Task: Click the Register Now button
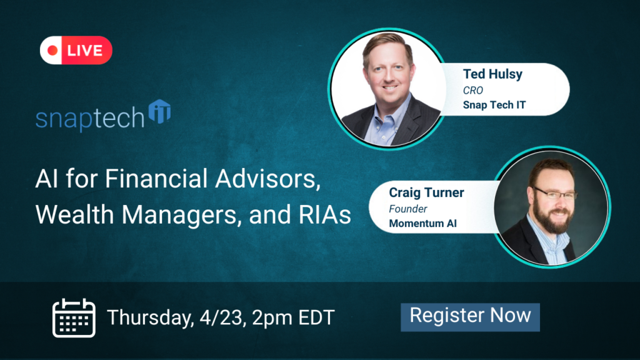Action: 470,316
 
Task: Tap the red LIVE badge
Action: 76,51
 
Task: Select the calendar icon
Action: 73,317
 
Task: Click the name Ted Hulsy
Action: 492,74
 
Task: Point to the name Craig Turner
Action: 426,192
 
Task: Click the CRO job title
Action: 473,90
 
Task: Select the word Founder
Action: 407,208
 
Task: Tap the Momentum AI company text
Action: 422,222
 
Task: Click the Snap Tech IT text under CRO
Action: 494,104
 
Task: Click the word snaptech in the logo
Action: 90,119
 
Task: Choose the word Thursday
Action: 147,317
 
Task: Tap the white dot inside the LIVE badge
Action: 54,51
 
